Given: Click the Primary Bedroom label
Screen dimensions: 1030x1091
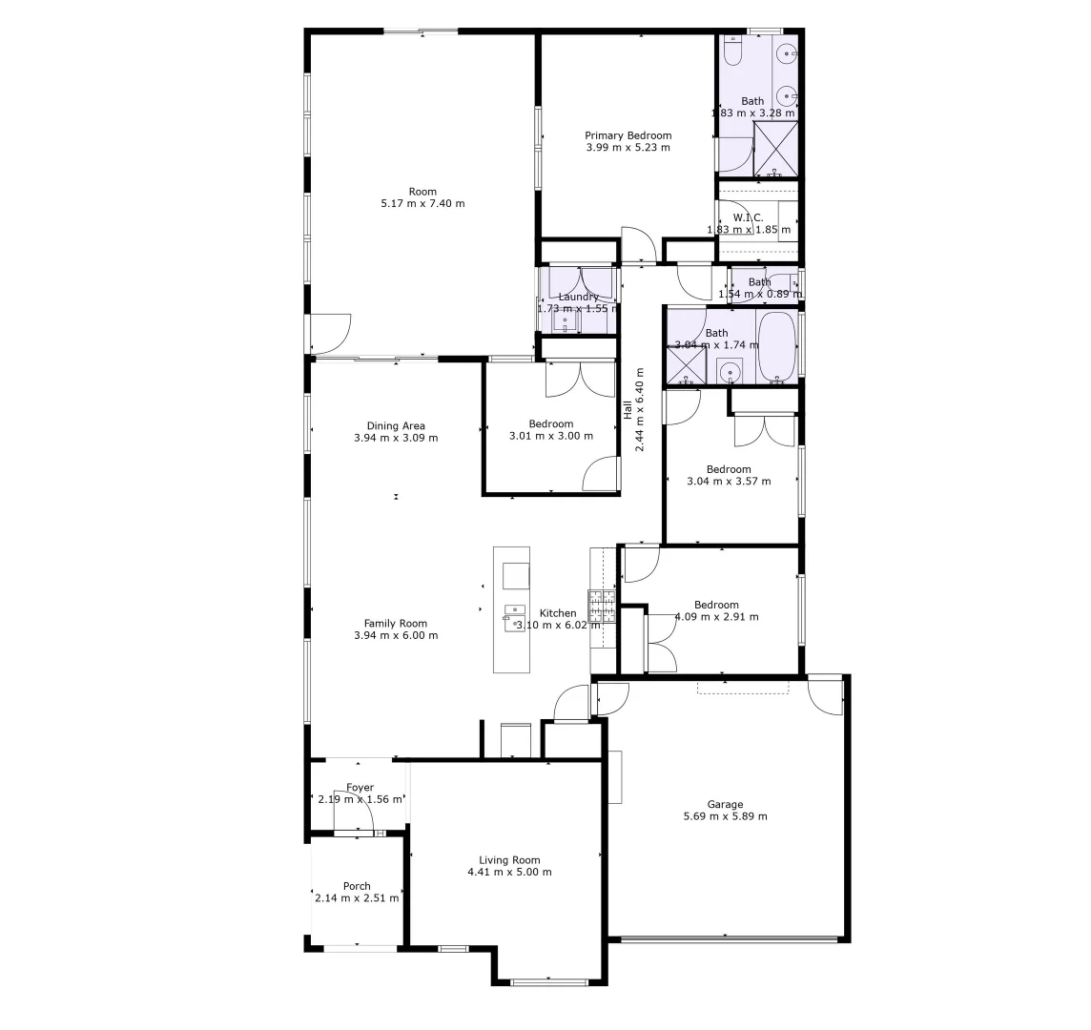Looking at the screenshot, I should [628, 135].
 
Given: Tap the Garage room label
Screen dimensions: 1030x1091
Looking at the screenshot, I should [725, 804].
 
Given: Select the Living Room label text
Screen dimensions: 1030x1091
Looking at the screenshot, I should [509, 860].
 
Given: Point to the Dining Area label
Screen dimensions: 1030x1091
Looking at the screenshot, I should [396, 426].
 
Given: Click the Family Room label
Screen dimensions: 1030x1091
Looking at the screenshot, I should [396, 624].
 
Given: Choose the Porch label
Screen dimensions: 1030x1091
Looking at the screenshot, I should [357, 886].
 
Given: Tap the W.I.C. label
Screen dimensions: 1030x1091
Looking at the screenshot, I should [749, 217].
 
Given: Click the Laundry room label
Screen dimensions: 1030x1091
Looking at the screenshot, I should [578, 297].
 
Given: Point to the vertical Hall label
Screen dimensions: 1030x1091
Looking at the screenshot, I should [628, 409].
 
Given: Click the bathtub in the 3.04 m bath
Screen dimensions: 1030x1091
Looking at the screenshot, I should [777, 346].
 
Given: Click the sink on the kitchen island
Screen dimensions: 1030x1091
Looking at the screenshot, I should [515, 615].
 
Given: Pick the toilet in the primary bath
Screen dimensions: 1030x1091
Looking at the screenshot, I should [732, 52].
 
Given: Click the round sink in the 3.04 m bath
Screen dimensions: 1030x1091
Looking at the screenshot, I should [731, 372].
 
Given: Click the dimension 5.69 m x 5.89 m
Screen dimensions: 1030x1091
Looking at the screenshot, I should [725, 816].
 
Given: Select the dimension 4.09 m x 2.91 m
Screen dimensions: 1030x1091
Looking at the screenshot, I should [716, 617].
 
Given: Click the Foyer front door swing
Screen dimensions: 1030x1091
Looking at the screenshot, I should [352, 811].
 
